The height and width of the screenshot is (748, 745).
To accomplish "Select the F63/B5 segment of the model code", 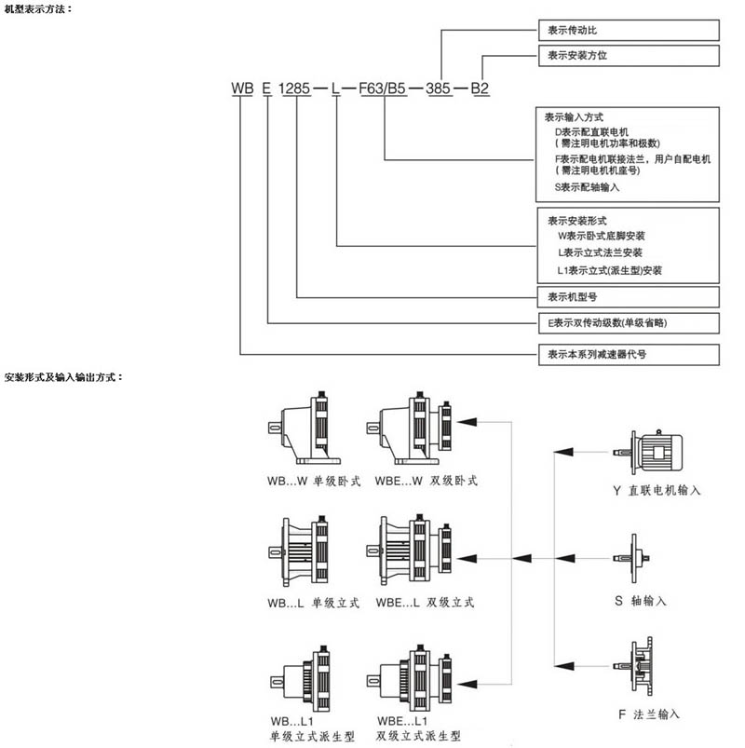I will click(x=383, y=89).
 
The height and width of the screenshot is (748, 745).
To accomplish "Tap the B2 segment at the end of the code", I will click(x=480, y=89).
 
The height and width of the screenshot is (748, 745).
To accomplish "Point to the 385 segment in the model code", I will click(x=439, y=89).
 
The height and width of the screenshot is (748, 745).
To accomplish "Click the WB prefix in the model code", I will click(x=243, y=89).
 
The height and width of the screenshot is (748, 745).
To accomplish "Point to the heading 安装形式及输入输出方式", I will click(x=63, y=378).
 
